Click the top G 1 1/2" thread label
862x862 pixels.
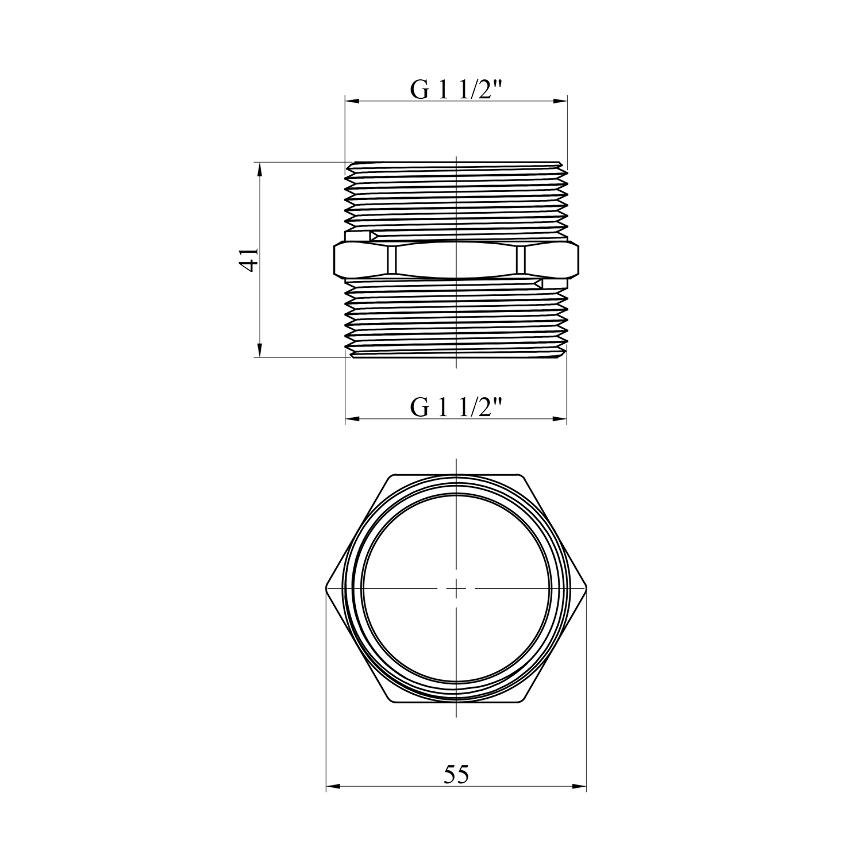(456, 90)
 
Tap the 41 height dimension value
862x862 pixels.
(249, 260)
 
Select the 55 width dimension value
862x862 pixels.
(456, 775)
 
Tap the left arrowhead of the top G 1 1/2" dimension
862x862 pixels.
(352, 102)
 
